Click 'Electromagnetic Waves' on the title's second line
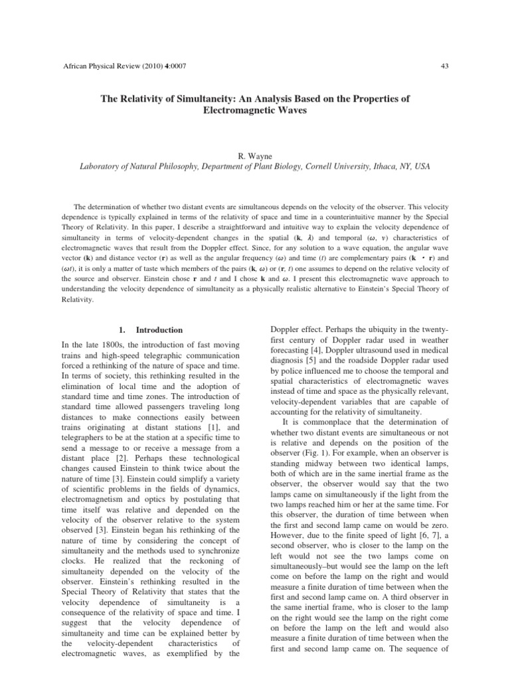(x=254, y=110)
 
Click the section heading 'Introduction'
(x=159, y=329)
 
